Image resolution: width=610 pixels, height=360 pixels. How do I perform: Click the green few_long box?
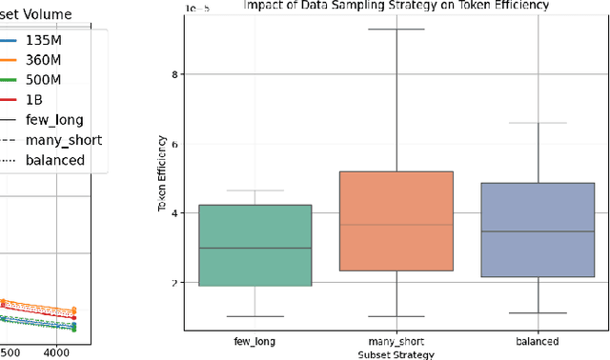[x=255, y=245]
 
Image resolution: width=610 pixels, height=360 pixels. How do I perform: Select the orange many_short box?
[x=396, y=221]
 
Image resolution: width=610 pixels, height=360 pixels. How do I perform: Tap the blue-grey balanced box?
[x=538, y=230]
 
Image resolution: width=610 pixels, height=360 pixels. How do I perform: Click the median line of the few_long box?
[x=255, y=248]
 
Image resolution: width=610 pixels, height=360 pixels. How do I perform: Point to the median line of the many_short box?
[x=396, y=225]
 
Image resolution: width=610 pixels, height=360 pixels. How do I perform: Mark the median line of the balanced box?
[x=538, y=231]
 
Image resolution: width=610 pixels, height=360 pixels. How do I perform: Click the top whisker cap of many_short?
[x=396, y=30]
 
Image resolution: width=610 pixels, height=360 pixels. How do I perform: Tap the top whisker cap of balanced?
[x=538, y=123]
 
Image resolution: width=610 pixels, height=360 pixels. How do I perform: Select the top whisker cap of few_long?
[x=255, y=190]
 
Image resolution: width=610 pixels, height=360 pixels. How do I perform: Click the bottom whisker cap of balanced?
[x=538, y=312]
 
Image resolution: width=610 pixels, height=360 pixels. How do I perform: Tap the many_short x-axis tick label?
[x=396, y=341]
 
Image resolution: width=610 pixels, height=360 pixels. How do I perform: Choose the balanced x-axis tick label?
[x=538, y=341]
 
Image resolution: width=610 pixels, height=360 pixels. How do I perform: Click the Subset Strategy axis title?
[x=396, y=353]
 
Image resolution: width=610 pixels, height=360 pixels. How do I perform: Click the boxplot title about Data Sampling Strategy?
[x=396, y=6]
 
